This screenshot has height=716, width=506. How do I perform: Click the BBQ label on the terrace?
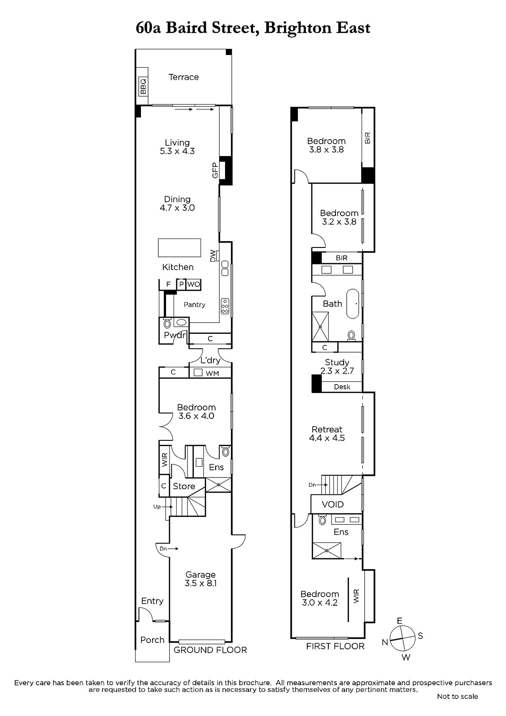click(x=143, y=86)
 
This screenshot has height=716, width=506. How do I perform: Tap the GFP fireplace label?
click(x=215, y=170)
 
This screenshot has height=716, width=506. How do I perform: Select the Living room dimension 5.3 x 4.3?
click(x=177, y=151)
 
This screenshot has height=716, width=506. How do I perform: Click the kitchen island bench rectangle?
click(x=179, y=248)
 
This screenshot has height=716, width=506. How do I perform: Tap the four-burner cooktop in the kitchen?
click(x=225, y=306)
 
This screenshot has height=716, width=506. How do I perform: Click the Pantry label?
click(x=194, y=305)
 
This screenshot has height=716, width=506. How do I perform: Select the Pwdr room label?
click(x=174, y=335)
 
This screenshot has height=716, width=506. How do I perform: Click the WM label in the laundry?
click(x=212, y=373)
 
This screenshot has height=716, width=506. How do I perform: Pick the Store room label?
click(x=184, y=486)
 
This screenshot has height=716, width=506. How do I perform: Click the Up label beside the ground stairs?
click(x=157, y=507)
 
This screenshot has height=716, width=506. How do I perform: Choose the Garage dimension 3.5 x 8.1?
click(x=200, y=584)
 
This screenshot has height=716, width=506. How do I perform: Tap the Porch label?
click(x=152, y=640)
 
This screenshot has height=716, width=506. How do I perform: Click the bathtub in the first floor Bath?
click(x=353, y=304)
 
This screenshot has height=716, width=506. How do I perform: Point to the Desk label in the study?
click(x=342, y=387)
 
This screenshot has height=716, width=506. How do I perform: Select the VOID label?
click(x=332, y=504)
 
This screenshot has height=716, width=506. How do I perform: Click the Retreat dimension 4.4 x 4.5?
click(x=327, y=438)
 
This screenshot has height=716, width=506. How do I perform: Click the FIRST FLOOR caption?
click(x=335, y=646)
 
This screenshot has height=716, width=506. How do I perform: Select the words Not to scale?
click(x=457, y=696)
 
